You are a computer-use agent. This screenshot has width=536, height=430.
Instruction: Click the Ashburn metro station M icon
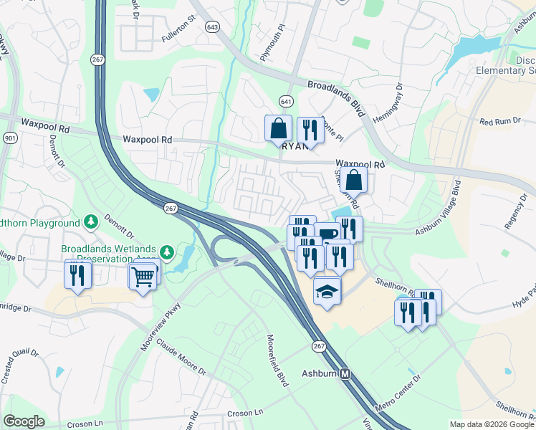(345, 374)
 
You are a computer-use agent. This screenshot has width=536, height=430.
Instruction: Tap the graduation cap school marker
(327, 291)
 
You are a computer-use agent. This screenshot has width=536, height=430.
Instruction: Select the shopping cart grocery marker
(143, 275)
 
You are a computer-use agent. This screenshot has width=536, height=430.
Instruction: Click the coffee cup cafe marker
(328, 234)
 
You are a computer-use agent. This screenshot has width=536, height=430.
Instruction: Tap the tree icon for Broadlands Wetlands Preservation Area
(166, 252)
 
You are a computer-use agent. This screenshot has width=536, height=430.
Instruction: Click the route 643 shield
(211, 27)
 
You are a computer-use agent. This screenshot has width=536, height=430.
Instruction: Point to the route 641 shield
(287, 101)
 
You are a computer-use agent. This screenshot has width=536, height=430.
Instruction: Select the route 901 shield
(9, 138)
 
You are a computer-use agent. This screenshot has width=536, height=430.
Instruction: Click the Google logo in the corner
(24, 421)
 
